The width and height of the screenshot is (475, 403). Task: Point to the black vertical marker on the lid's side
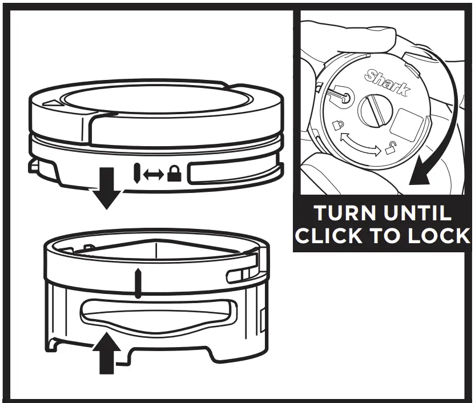point(137,173)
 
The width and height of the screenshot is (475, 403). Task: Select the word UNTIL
point(418,213)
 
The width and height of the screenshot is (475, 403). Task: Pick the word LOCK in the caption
point(438,236)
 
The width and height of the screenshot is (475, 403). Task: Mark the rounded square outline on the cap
point(408,121)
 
